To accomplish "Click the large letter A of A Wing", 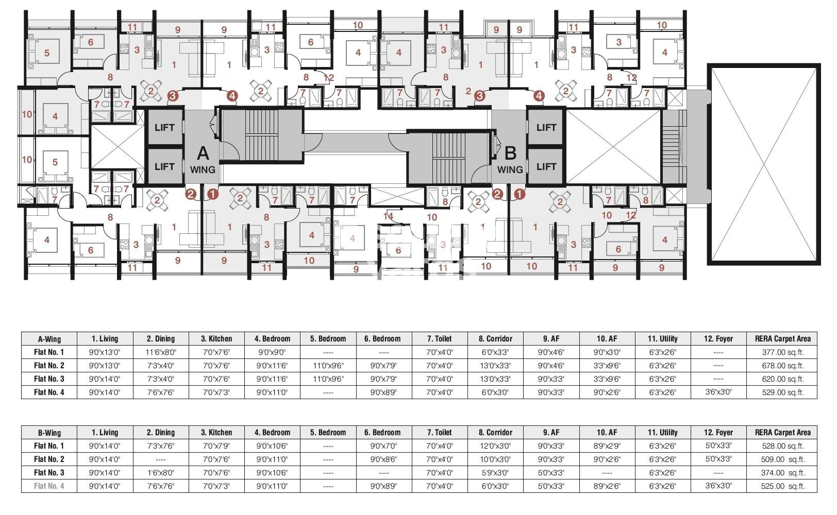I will (203, 153).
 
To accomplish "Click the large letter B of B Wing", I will (510, 153).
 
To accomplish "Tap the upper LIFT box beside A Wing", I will (164, 127).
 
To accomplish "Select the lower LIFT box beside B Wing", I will (546, 166).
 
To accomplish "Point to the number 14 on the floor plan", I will (388, 216).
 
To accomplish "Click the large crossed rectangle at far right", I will (763, 164).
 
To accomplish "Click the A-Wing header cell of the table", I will (49, 339).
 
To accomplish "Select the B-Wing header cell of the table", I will (49, 433).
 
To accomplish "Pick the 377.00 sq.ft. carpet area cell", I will (782, 352).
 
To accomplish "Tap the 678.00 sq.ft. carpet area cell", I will (782, 366).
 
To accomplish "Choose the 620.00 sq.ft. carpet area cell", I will (782, 379).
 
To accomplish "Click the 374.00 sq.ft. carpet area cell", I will (782, 473).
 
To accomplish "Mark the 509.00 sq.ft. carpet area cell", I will (782, 459).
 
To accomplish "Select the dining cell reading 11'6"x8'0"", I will (161, 352).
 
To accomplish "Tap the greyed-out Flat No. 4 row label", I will (49, 486).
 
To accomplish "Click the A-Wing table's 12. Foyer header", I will (718, 339).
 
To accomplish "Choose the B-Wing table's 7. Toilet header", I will (439, 433).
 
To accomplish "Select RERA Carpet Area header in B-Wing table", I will (782, 433).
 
